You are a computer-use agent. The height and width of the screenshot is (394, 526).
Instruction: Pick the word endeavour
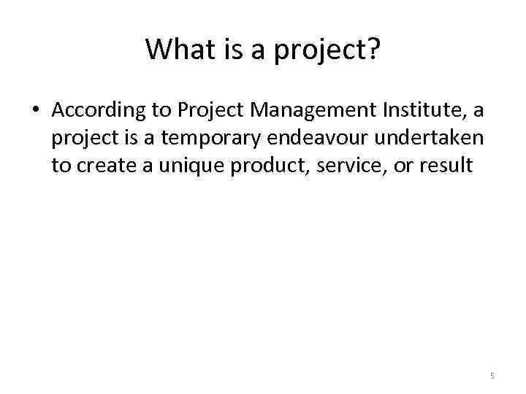(x=319, y=138)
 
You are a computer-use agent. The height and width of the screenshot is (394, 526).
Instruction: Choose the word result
(x=448, y=165)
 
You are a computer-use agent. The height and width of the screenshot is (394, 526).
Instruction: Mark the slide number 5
(x=492, y=376)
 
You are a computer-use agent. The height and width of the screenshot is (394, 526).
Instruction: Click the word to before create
(x=61, y=165)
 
